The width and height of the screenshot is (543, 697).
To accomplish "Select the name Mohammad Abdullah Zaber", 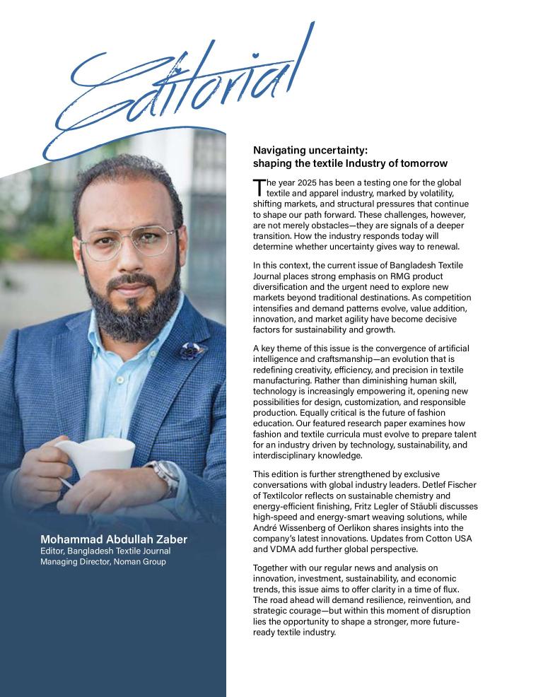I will (x=114, y=540).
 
